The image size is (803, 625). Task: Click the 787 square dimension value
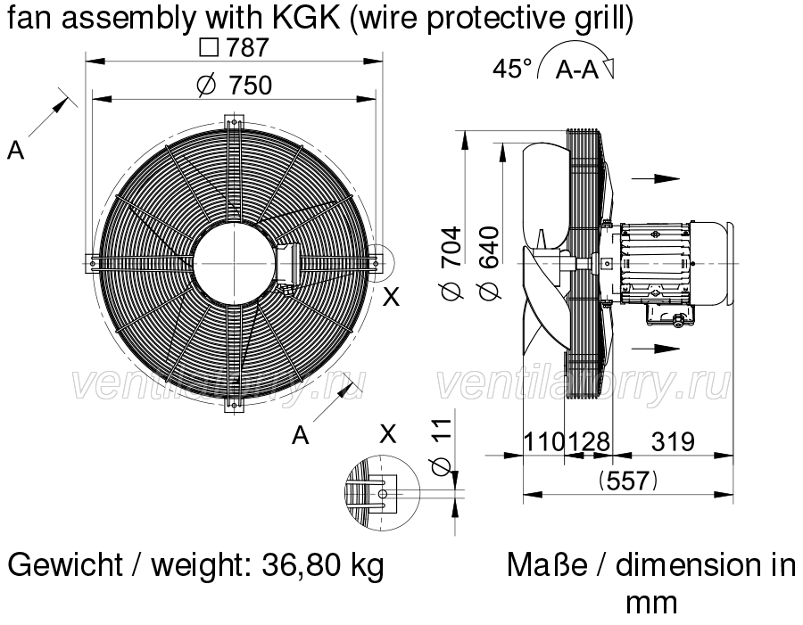(234, 48)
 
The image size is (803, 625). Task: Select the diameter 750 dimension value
(235, 86)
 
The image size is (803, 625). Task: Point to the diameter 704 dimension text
(451, 263)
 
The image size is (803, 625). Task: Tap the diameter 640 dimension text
(489, 263)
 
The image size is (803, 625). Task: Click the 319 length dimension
(673, 441)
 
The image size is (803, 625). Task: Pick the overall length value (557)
(628, 481)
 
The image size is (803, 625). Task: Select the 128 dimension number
(589, 441)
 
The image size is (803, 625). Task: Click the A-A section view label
(577, 70)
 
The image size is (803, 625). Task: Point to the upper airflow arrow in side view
(656, 178)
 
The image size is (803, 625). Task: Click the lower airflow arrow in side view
(656, 348)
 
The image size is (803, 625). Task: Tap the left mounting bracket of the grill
(92, 263)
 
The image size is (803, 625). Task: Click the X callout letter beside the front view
(392, 296)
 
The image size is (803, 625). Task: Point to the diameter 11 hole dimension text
(441, 447)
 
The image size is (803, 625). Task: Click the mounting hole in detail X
(383, 493)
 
